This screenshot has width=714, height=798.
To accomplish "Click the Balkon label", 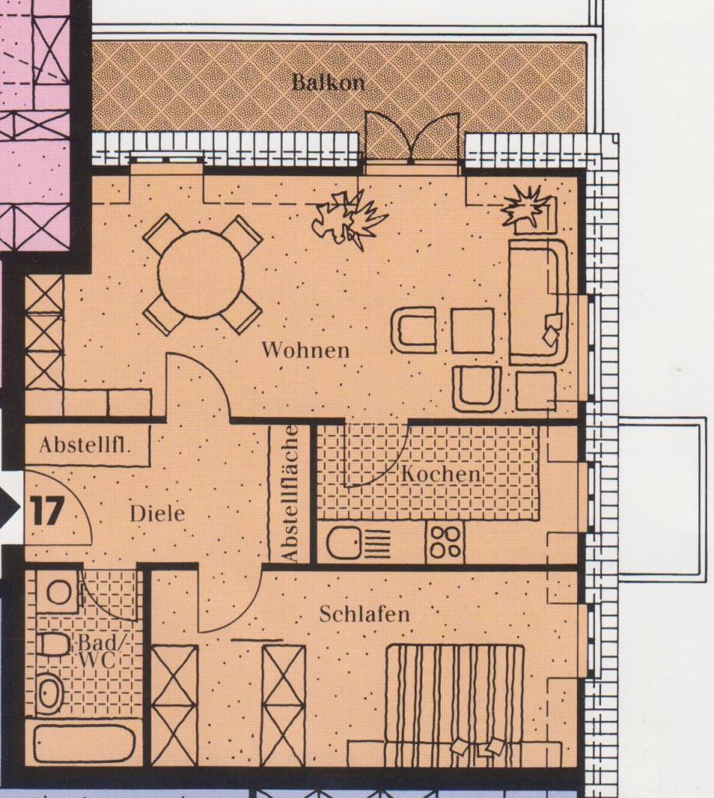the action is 328,83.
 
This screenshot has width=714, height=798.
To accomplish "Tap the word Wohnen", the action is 305,350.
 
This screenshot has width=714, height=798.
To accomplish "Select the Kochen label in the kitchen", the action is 441,474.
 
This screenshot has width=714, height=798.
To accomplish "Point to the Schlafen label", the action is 364,614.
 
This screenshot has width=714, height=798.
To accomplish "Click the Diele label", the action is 157,514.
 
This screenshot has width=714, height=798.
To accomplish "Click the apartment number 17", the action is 47,510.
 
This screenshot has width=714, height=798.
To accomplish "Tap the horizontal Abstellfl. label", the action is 85,445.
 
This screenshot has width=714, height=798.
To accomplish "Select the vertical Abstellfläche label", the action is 290,493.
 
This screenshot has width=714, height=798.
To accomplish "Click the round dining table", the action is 200,274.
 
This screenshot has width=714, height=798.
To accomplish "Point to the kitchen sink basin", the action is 343,542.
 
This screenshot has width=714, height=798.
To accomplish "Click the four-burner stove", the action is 445,542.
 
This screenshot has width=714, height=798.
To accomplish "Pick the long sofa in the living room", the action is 538,302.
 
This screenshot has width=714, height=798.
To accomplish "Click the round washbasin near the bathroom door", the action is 59,592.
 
